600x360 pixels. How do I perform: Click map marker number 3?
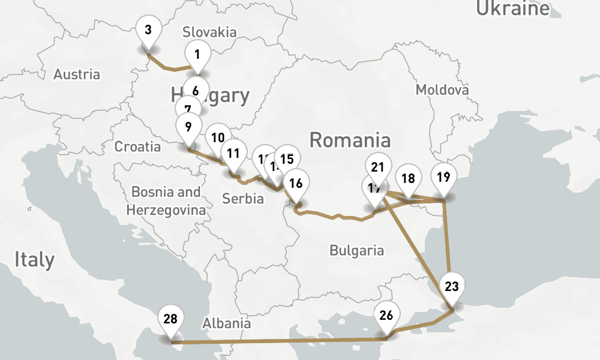click(x=148, y=29)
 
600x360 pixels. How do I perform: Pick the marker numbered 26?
click(x=386, y=315)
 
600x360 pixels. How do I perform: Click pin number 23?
click(x=452, y=286)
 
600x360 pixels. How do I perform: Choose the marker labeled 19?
click(x=443, y=177)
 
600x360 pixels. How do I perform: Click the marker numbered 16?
click(x=296, y=184)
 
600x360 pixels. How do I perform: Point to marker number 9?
click(x=188, y=127)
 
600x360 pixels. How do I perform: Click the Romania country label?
click(x=350, y=141)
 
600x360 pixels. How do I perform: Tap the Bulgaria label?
click(x=356, y=250)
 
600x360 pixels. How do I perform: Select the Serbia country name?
click(x=242, y=199)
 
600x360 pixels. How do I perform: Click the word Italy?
click(x=35, y=260)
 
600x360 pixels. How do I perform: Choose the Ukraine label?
click(x=512, y=8)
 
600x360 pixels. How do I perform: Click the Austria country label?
click(x=77, y=75)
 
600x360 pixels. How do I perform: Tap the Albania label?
click(x=226, y=323)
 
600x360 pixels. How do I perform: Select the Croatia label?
click(x=137, y=147)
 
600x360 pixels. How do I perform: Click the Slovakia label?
click(x=209, y=32)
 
